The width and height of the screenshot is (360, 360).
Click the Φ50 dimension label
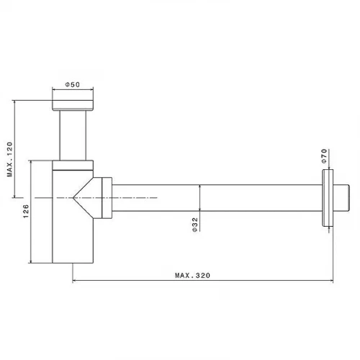pyautogui.click(x=73, y=84)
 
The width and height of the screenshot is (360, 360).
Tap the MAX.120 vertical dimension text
pyautogui.click(x=9, y=159)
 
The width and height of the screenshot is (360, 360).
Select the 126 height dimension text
pyautogui.click(x=26, y=211)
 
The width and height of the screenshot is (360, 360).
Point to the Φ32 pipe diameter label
pyautogui.click(x=195, y=225)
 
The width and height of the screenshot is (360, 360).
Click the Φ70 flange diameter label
pyautogui.click(x=324, y=156)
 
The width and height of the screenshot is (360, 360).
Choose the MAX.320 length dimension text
pyautogui.click(x=192, y=275)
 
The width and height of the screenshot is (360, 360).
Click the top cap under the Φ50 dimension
pyautogui.click(x=73, y=105)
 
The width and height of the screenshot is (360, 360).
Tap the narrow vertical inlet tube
pyautogui.click(x=73, y=135)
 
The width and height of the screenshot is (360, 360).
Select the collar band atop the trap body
pyautogui.click(x=73, y=165)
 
